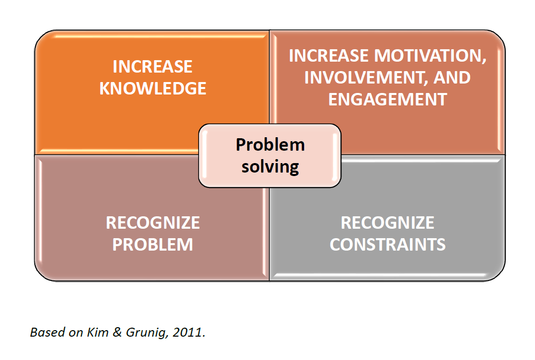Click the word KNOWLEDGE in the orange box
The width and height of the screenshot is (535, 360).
(153, 89)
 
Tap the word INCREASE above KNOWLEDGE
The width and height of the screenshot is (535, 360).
(152, 67)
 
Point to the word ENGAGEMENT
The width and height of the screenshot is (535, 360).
(388, 99)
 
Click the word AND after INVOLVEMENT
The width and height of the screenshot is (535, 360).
(452, 78)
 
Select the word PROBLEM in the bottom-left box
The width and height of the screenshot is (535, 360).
(153, 245)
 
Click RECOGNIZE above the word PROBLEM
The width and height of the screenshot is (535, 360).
(153, 223)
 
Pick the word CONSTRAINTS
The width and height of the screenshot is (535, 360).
(388, 245)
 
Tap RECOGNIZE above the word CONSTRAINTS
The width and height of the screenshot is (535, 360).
(388, 223)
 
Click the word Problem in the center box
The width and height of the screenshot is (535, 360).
(270, 145)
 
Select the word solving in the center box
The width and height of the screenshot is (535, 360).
(270, 167)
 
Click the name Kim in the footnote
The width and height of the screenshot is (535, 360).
(98, 332)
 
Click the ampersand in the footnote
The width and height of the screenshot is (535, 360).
(117, 332)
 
